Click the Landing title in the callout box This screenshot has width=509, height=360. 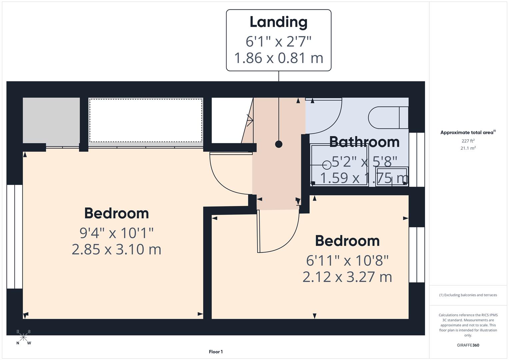tap(278, 22)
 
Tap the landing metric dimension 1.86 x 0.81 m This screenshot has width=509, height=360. tap(278, 58)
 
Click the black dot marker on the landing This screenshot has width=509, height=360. tap(279, 144)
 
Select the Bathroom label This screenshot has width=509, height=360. tap(364, 142)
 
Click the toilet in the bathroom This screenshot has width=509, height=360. tap(388, 117)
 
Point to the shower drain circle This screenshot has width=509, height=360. tap(327, 165)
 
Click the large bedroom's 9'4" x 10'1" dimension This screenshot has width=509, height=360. tap(116, 233)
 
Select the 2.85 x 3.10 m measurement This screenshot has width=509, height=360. tap(116, 249)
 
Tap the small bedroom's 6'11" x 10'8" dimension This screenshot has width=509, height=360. tap(347, 260)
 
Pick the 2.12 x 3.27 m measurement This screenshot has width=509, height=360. tap(347, 277)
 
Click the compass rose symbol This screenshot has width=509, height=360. tap(23, 337)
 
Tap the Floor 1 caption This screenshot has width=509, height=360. tap(216, 352)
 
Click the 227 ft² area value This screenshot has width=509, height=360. tap(468, 141)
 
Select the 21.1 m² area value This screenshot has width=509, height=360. tap(468, 148)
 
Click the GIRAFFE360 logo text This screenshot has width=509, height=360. tap(468, 345)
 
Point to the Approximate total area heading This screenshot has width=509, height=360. tap(467, 133)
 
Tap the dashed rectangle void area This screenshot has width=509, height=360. tap(146, 120)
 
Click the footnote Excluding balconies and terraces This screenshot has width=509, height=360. tap(468, 295)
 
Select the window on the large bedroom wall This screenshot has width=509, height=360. tap(15, 236)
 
